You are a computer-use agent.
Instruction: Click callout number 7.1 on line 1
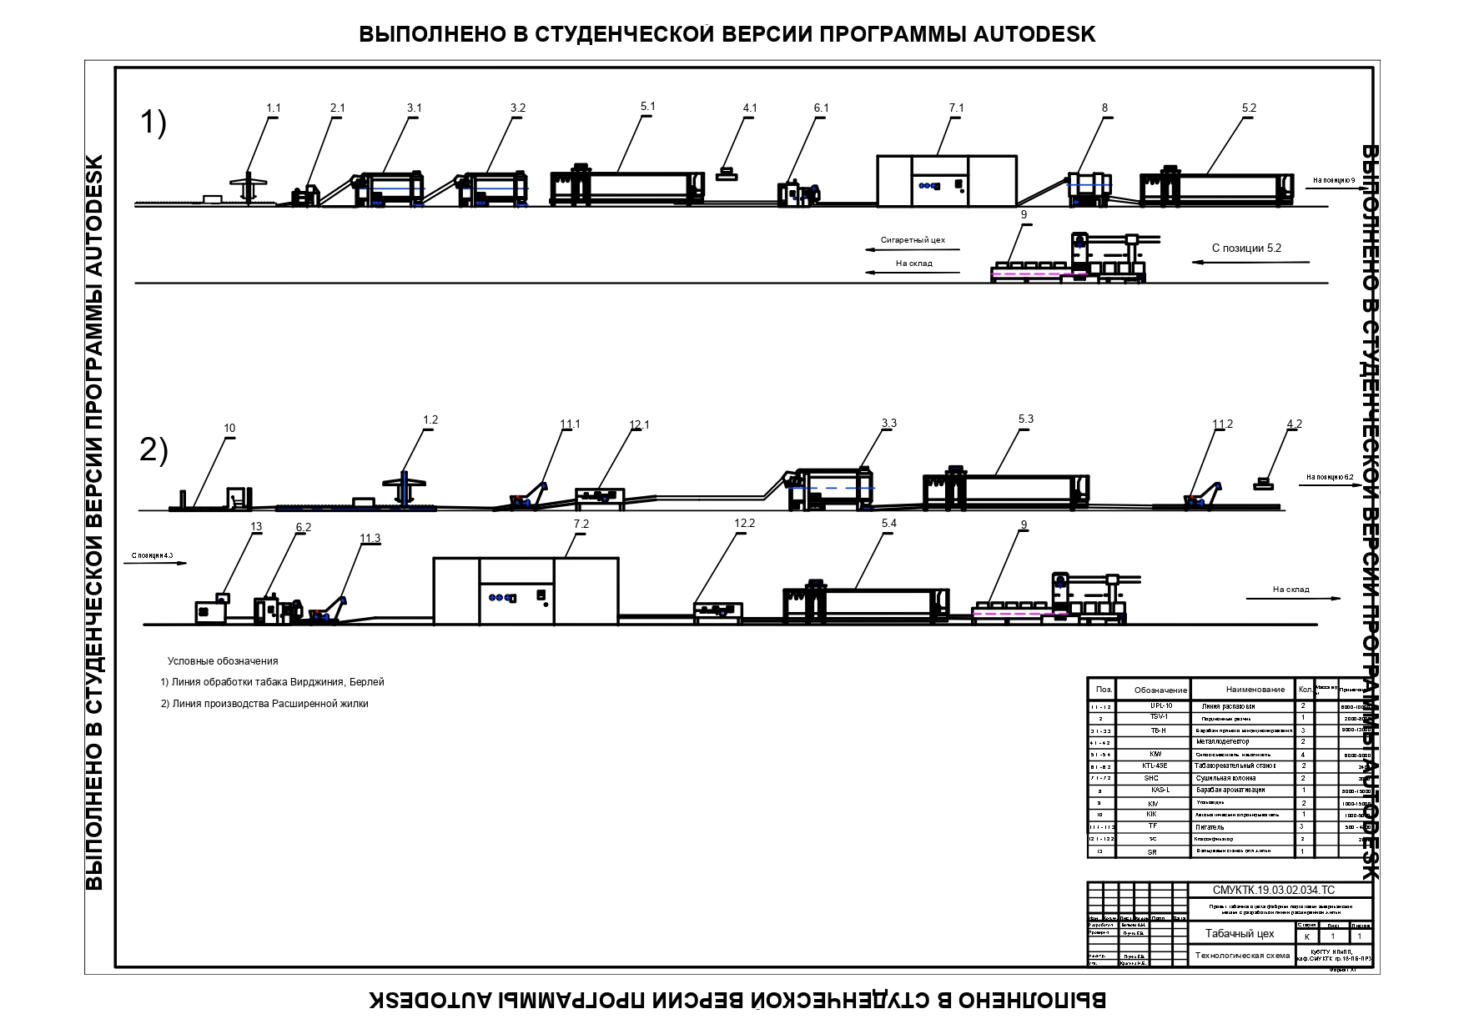click(x=956, y=108)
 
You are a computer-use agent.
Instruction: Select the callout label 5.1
click(x=647, y=107)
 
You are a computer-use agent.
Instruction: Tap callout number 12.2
click(x=744, y=523)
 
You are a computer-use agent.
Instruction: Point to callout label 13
click(x=256, y=526)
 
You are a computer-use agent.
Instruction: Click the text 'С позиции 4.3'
click(x=152, y=555)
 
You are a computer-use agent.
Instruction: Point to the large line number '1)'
click(x=153, y=123)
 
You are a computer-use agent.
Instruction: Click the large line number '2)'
click(x=153, y=451)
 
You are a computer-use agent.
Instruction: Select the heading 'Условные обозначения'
click(x=223, y=661)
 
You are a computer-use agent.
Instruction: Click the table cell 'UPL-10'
click(x=1161, y=706)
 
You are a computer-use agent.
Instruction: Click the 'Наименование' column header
click(x=1255, y=690)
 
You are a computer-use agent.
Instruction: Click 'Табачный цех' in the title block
click(x=1240, y=934)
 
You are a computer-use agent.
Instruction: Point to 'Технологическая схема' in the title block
click(x=1242, y=956)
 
